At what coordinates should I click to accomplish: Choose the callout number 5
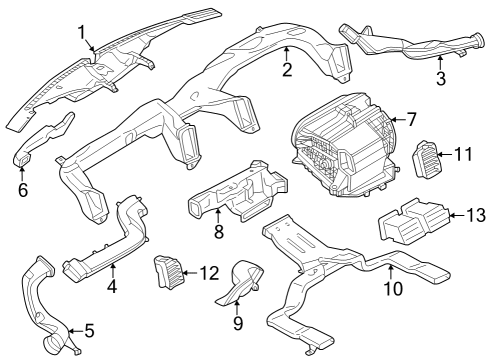click(88, 329)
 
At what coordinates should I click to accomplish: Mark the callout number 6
click(22, 189)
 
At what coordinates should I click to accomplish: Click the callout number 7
click(411, 119)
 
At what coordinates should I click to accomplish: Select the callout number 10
click(392, 289)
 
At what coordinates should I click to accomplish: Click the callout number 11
click(461, 154)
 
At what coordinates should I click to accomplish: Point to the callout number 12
click(207, 273)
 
